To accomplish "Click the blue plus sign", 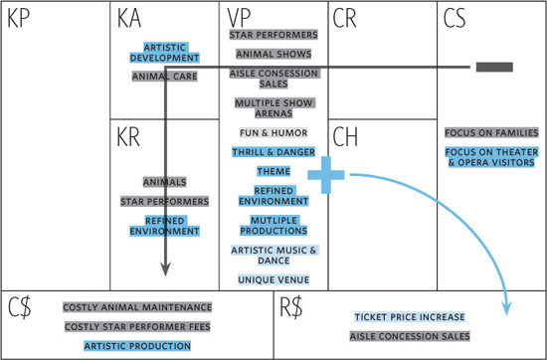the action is point(326,175).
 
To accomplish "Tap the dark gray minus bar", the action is point(494,67).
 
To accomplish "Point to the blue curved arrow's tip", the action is point(507,314).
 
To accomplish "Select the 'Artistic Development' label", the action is point(165,53).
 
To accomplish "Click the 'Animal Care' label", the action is point(165,77).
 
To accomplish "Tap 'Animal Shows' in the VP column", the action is point(273,54).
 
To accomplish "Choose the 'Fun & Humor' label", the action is point(273,133).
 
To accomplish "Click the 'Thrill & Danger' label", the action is point(273,152).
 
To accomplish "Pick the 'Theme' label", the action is point(273,172).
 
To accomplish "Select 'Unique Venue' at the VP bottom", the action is point(273,279).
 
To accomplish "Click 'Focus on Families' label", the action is point(491,133).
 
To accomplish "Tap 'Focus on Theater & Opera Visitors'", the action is point(491,157).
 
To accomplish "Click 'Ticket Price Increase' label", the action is point(410,317).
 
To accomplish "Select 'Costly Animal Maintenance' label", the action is point(137,307).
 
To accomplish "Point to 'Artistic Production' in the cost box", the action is point(137,346).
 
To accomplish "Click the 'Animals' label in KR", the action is point(165,182).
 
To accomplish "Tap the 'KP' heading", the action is point(19,18).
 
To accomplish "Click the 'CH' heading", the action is point(345,137).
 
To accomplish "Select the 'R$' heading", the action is point(291,308).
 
